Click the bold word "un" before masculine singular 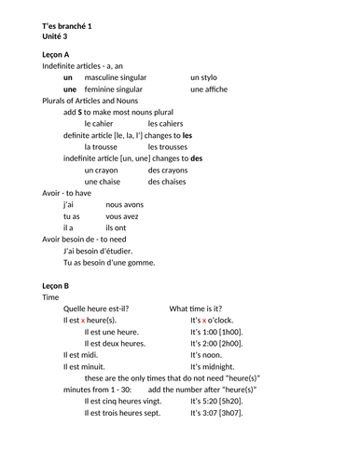pos(68,78)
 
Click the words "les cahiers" pos(169,124)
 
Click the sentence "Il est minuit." pos(87,366)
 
